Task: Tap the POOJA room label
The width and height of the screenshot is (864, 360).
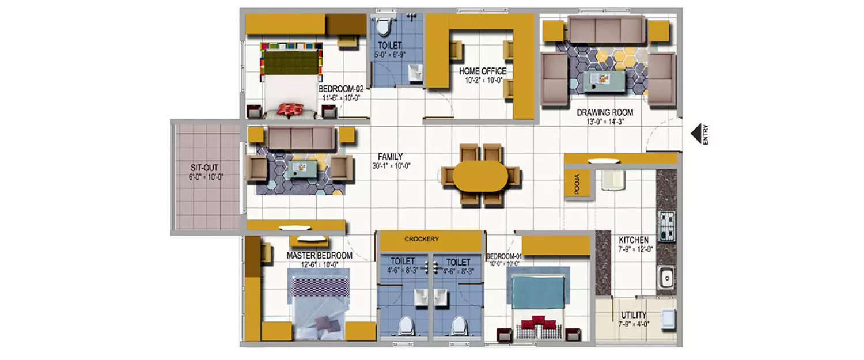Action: [x=578, y=185]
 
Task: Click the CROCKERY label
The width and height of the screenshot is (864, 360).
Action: [x=422, y=239]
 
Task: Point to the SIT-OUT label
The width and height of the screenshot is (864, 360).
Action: [x=206, y=168]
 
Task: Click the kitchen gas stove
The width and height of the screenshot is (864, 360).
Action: [x=666, y=226]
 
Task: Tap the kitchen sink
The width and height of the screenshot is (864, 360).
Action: [x=666, y=278]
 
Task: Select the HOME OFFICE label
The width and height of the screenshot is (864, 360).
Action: [x=482, y=71]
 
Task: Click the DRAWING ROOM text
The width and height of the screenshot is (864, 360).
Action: [x=605, y=112]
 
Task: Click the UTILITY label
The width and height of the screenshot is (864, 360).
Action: [x=633, y=315]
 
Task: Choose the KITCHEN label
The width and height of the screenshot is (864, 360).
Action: [x=634, y=240]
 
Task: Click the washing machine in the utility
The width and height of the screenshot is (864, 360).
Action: [x=668, y=318]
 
